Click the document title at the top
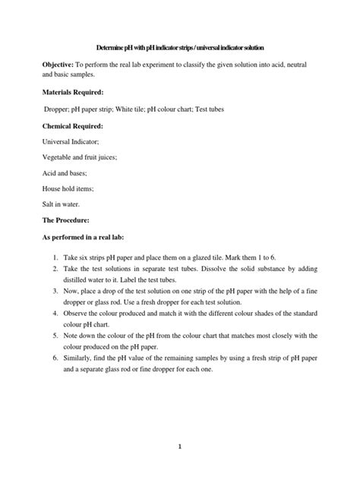point(179,47)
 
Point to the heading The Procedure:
point(54,220)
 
